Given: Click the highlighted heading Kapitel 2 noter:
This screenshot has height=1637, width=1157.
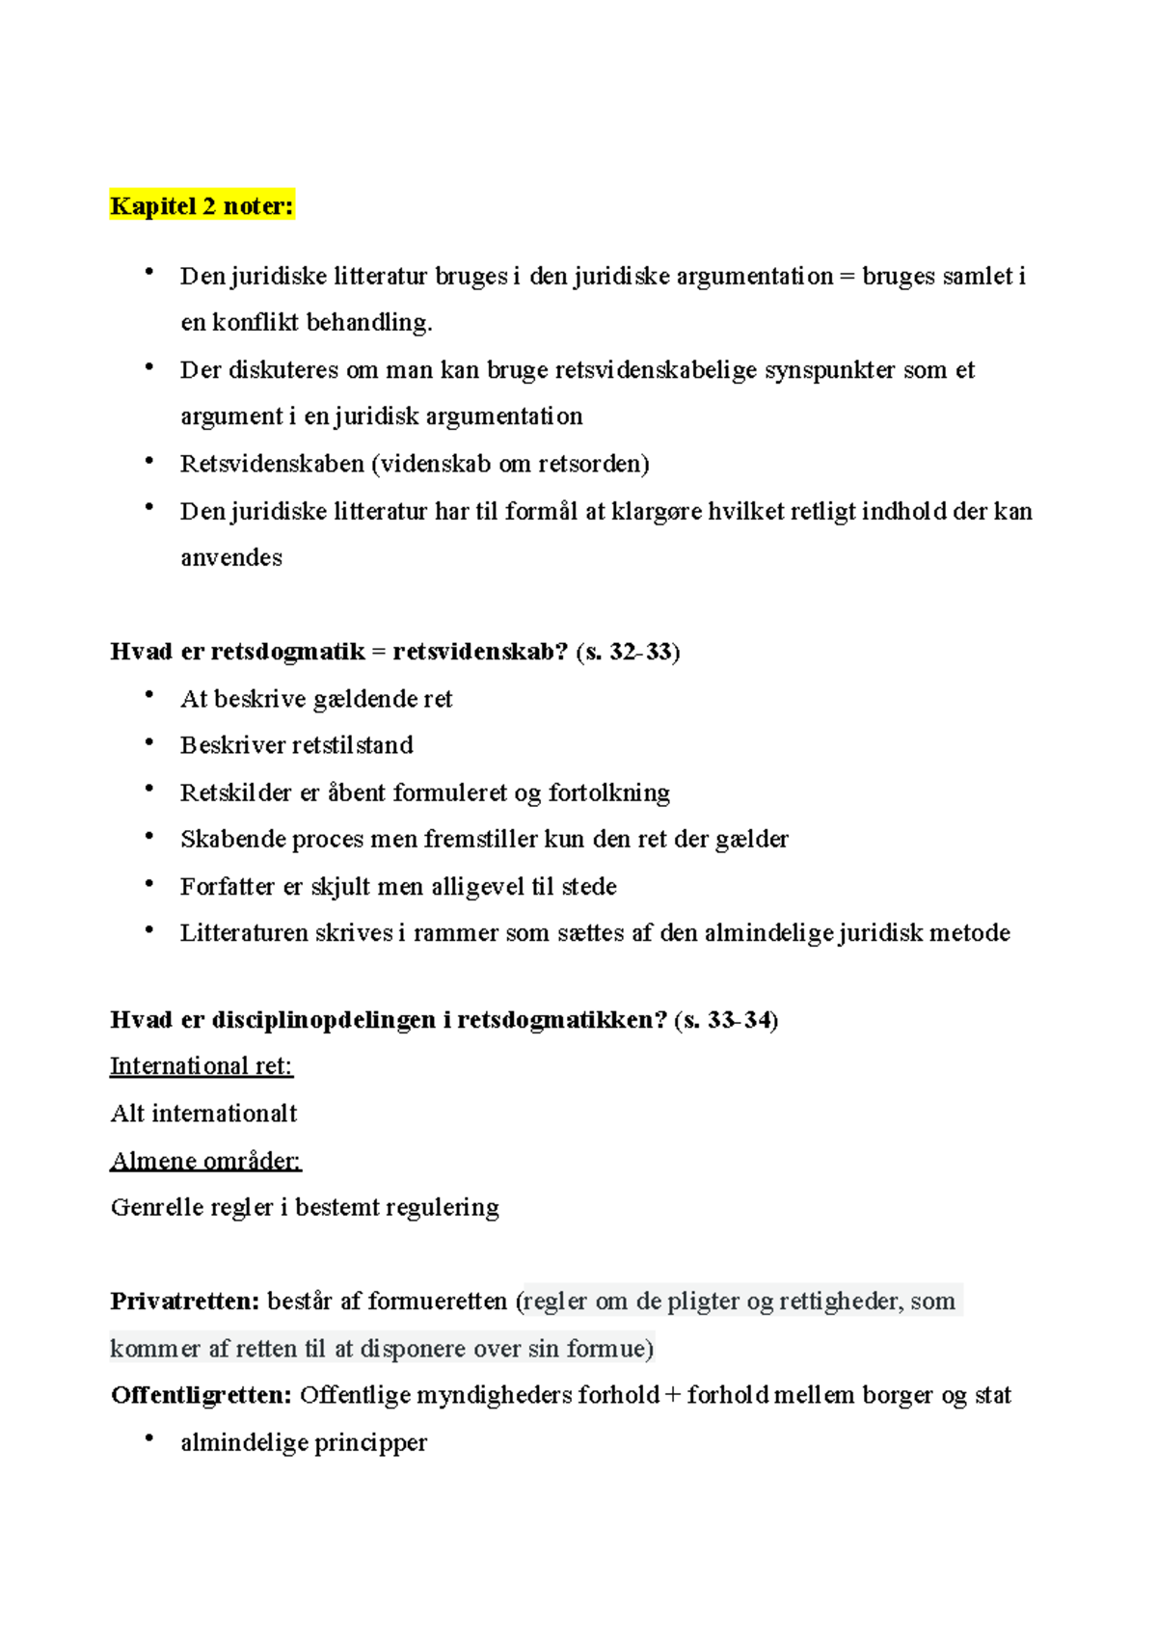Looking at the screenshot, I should pyautogui.click(x=202, y=205).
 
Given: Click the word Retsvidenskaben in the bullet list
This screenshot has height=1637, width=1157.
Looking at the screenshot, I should pyautogui.click(x=272, y=464).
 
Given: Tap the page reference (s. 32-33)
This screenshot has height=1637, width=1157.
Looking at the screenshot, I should pyautogui.click(x=628, y=652).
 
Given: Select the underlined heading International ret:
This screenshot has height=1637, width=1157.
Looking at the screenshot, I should pyautogui.click(x=202, y=1066).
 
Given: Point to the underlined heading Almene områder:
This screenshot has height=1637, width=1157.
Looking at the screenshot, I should pyautogui.click(x=206, y=1161).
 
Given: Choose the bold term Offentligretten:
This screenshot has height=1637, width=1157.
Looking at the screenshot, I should pyautogui.click(x=202, y=1395).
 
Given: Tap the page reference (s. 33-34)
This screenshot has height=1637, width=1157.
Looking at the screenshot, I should pyautogui.click(x=726, y=1020).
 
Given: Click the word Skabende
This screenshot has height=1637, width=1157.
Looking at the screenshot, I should pyautogui.click(x=231, y=839).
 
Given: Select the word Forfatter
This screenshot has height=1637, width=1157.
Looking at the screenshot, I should pyautogui.click(x=228, y=886).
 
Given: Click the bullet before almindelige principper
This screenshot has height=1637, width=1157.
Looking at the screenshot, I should pyautogui.click(x=149, y=1439).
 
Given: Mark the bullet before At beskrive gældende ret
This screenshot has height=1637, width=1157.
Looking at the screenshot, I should pyautogui.click(x=149, y=695).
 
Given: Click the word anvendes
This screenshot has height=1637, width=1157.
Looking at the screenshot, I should pyautogui.click(x=231, y=557).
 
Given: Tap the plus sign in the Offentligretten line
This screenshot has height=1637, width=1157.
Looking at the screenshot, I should pyautogui.click(x=673, y=1395).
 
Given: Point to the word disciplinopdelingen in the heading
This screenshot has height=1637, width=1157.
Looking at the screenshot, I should pyautogui.click(x=324, y=1020).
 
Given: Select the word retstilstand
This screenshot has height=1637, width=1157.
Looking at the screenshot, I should pyautogui.click(x=352, y=745).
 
